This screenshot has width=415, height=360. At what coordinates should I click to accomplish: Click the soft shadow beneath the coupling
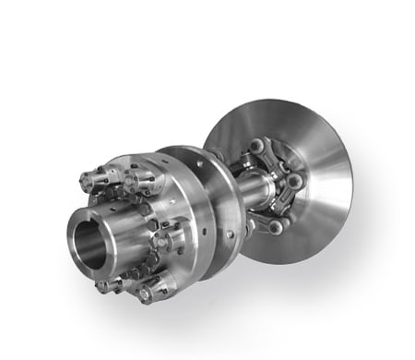point(231,305)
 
